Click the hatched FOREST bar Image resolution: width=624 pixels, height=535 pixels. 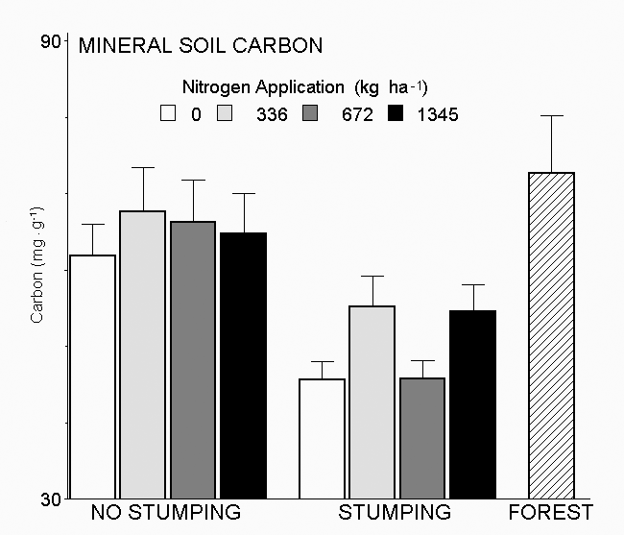(551, 336)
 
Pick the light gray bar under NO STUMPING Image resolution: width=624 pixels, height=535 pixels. (142, 354)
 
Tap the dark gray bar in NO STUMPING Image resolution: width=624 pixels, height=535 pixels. (192, 360)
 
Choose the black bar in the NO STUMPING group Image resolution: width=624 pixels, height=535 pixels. (243, 365)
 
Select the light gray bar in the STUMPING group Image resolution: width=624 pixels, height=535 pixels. (372, 402)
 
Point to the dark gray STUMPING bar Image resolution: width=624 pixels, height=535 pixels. (421, 438)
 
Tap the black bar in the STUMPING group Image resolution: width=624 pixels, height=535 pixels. (472, 404)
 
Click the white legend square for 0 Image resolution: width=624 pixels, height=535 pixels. (169, 113)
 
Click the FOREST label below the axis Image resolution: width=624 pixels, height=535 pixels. (550, 512)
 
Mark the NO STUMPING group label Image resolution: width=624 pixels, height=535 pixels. (165, 512)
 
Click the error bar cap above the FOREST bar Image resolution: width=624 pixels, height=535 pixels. (551, 115)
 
